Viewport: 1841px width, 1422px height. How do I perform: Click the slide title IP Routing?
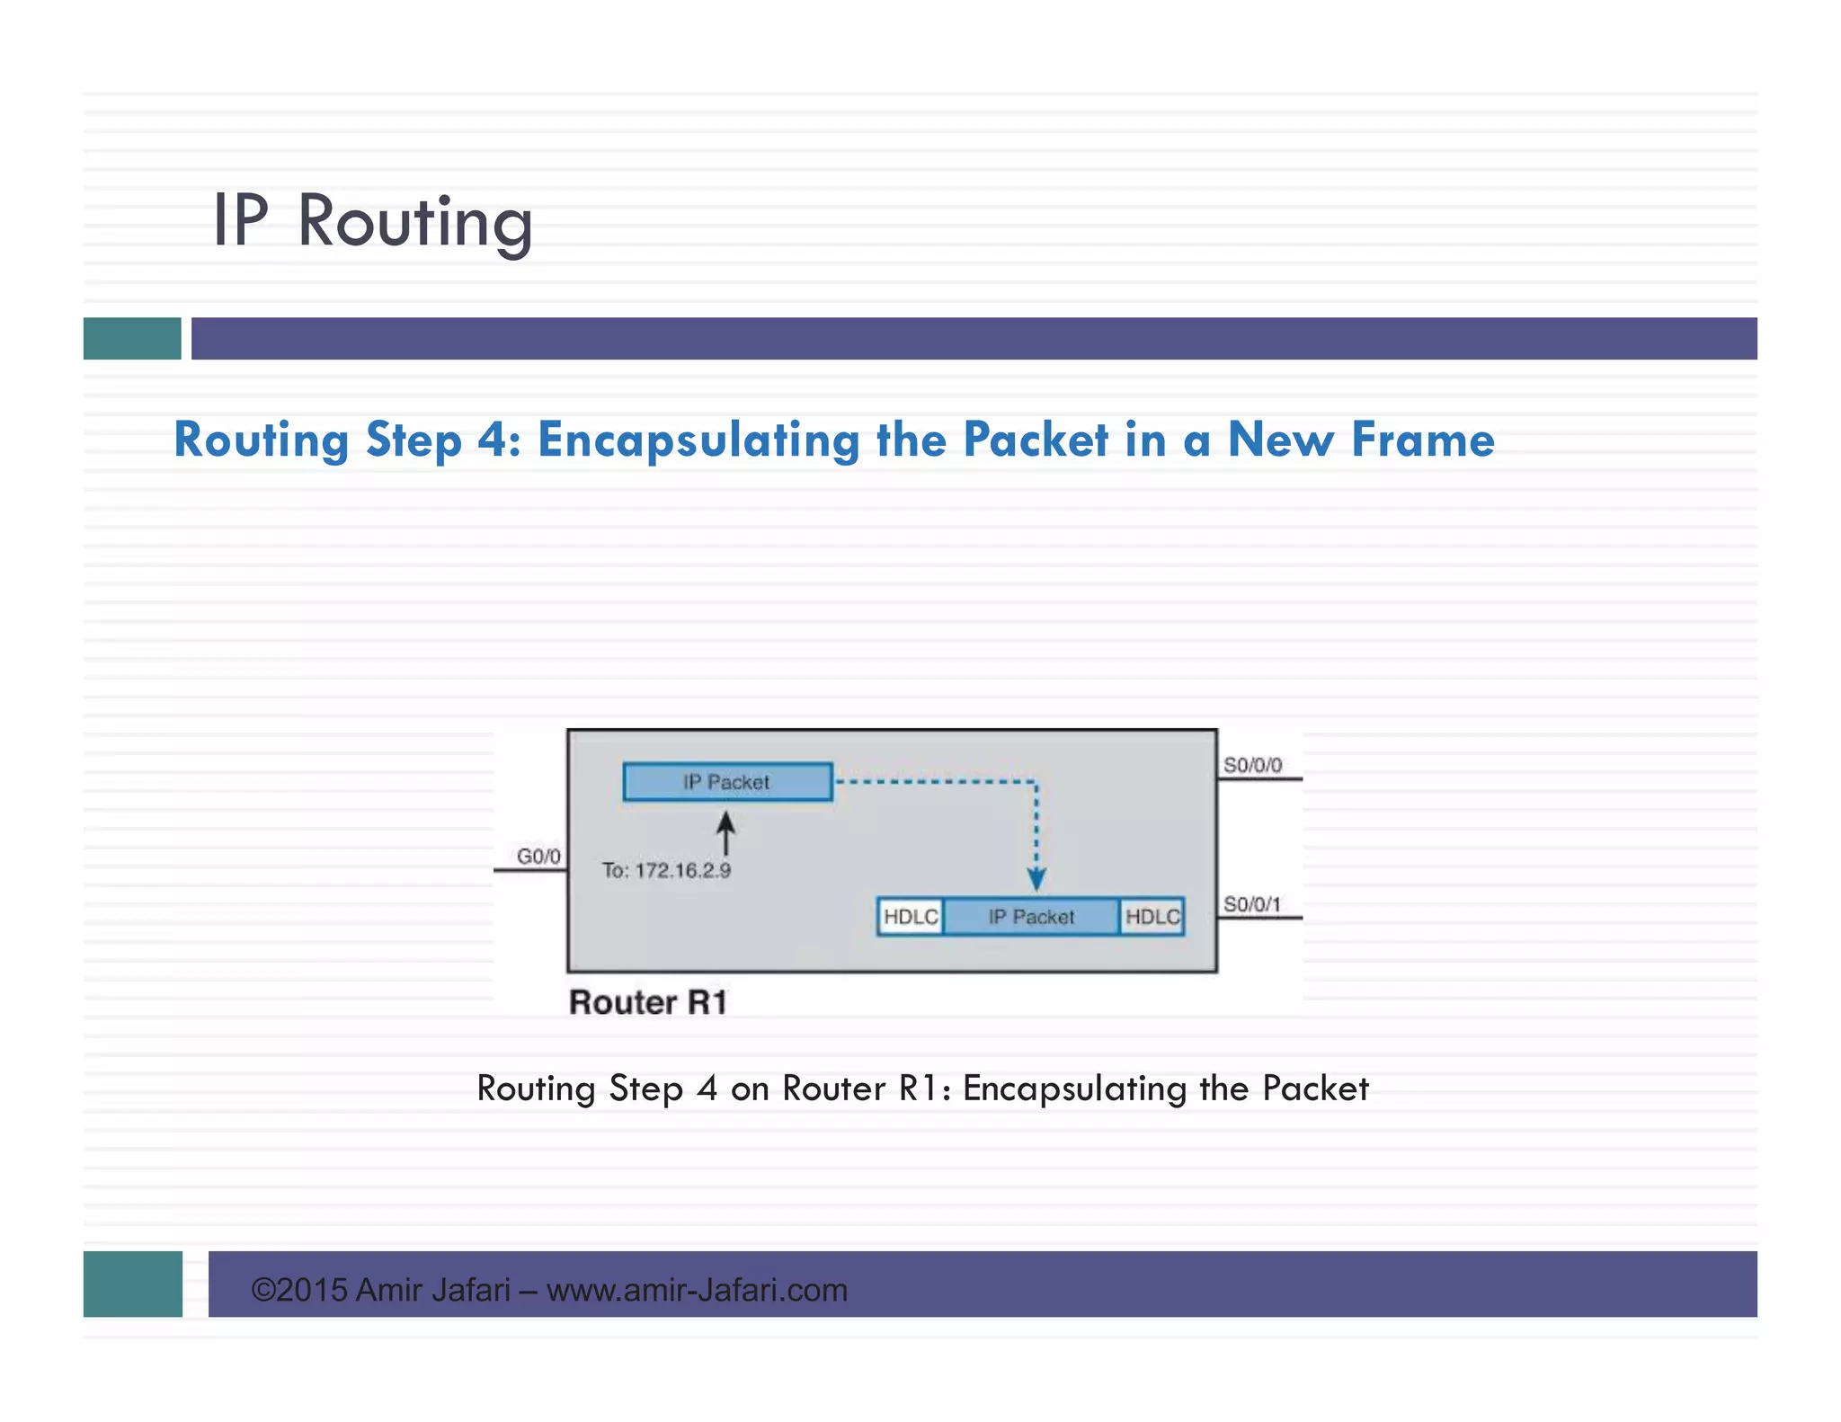click(x=372, y=221)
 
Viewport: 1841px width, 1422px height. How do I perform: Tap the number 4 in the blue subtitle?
click(x=493, y=440)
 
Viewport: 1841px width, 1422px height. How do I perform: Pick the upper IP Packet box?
click(x=727, y=782)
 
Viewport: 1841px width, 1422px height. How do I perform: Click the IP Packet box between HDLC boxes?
click(x=1031, y=917)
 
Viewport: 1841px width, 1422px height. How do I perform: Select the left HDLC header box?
click(x=911, y=917)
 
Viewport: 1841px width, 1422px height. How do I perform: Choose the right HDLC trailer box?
click(x=1152, y=917)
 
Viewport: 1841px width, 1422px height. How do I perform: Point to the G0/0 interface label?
click(x=538, y=856)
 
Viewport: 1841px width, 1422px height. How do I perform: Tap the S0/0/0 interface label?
click(x=1252, y=765)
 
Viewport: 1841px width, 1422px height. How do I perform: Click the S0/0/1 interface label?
click(x=1251, y=903)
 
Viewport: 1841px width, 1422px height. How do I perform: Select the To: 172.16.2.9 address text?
click(x=666, y=870)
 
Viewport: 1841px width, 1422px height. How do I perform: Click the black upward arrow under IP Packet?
click(x=725, y=832)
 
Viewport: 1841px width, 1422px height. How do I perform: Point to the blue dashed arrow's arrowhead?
click(x=1036, y=878)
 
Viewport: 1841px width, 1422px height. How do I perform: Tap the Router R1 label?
click(x=648, y=1002)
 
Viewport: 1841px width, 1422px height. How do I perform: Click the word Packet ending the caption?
click(x=1315, y=1089)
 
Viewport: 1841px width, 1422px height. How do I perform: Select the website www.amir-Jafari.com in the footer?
click(x=697, y=1290)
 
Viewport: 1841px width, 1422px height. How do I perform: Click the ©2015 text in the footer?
click(x=298, y=1290)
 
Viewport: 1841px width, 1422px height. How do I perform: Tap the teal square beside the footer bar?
click(x=133, y=1284)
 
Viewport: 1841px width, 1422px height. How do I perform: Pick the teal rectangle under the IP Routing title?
click(x=132, y=339)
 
